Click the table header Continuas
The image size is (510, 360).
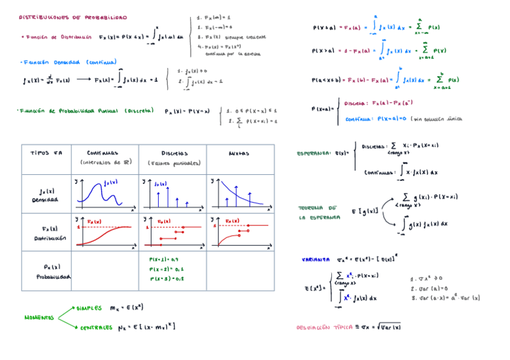[x=103, y=153]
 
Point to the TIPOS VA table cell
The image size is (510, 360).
[x=46, y=153]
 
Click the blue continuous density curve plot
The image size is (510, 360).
[x=103, y=193]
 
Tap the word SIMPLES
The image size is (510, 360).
[x=89, y=308]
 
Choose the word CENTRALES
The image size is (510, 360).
[x=96, y=328]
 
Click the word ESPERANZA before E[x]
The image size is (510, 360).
[x=313, y=153]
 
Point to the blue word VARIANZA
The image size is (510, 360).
[x=315, y=260]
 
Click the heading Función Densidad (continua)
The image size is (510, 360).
[x=69, y=62]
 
